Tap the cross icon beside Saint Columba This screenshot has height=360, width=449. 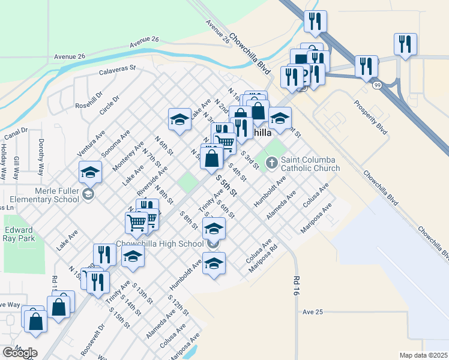click(x=272, y=161)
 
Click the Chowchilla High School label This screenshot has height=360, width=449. click(x=159, y=244)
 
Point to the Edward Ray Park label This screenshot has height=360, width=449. click(x=20, y=233)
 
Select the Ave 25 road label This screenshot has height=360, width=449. click(x=313, y=312)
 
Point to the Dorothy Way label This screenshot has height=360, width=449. click(x=41, y=157)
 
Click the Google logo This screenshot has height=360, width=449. click(x=19, y=353)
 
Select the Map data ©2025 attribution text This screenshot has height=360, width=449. click(x=424, y=355)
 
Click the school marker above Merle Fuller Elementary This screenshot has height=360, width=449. click(x=90, y=173)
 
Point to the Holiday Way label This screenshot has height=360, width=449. click(x=4, y=161)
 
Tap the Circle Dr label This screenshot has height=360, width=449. click(x=110, y=106)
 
